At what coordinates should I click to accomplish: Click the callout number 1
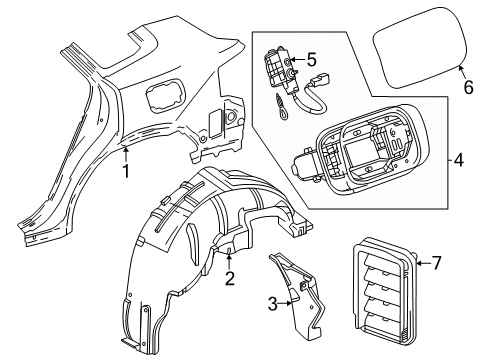[x=126, y=170]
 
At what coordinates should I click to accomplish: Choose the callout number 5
[x=311, y=59]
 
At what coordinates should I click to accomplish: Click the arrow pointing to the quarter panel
[x=126, y=152]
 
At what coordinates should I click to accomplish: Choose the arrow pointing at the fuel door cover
[x=459, y=70]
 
